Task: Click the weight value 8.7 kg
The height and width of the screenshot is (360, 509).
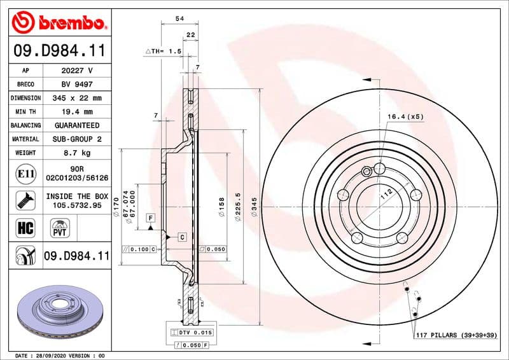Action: (x=76, y=153)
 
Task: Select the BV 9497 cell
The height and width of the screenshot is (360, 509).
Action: (x=76, y=84)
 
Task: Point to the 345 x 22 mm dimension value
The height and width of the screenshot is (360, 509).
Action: (x=76, y=98)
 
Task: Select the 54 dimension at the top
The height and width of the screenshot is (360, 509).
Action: (x=179, y=20)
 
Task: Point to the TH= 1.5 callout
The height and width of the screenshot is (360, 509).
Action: (x=164, y=50)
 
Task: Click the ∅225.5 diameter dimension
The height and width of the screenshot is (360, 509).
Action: (x=237, y=207)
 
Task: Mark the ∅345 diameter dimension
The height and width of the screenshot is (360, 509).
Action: (x=254, y=207)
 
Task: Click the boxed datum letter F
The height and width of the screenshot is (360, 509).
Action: (x=150, y=218)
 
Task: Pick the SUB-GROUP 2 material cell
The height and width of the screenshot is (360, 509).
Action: (x=76, y=139)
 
